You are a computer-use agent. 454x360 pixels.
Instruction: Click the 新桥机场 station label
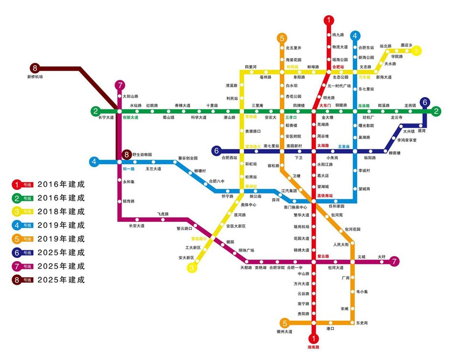(35, 76)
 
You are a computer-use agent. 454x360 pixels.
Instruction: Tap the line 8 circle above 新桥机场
(34, 68)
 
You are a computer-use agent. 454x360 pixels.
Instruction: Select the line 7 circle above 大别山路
(119, 86)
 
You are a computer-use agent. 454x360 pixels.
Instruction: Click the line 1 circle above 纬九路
(329, 20)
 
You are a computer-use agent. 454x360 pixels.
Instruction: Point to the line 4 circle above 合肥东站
(355, 35)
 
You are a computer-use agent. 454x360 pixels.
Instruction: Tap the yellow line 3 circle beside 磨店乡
(417, 50)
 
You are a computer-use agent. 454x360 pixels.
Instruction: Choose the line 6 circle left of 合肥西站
(217, 151)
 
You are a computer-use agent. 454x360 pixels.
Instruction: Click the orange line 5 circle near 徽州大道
(285, 323)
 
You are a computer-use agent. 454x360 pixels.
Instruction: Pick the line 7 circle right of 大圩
(394, 262)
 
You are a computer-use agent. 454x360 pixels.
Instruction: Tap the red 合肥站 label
(338, 67)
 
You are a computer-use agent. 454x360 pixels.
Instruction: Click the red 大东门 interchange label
(325, 105)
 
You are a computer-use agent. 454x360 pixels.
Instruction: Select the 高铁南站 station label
(324, 195)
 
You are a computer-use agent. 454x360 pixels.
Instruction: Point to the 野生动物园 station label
(142, 154)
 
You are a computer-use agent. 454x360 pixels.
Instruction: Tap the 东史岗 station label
(362, 323)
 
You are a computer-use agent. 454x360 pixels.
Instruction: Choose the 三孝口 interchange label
(291, 117)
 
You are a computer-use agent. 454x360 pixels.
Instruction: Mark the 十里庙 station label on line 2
(212, 105)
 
